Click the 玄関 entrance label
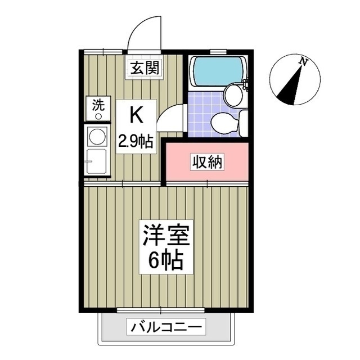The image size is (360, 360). coord(145,67)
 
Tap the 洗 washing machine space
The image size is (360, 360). coord(98,109)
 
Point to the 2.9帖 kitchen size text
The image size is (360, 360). coord(136,141)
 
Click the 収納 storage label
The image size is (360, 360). coord(207,163)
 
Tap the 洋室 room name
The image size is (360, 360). coord(166,235)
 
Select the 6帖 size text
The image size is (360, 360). coord(166,260)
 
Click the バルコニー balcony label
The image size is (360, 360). coord(166,327)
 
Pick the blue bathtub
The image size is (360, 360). coord(218,71)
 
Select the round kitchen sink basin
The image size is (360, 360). coord(97,136)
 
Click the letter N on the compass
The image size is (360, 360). coord(304,62)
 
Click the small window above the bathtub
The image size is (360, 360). coord(218,52)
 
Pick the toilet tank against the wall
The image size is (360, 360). coord(244,123)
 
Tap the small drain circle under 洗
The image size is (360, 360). coord(98,116)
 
